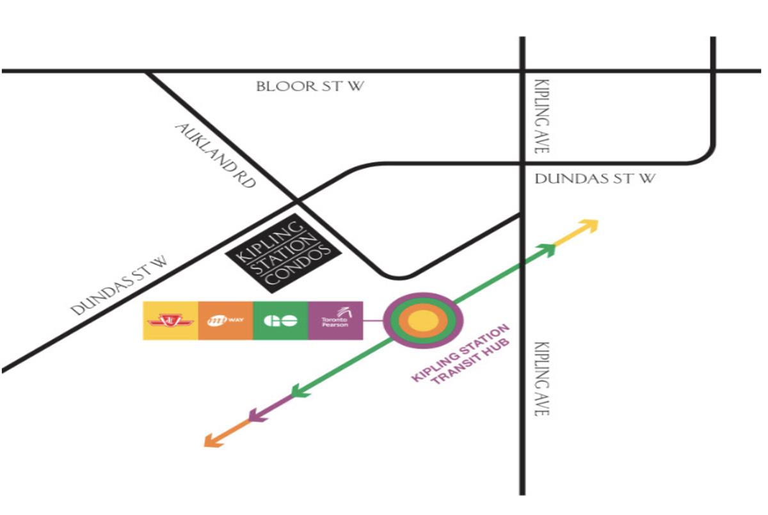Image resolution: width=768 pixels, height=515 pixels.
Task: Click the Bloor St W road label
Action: (310, 86)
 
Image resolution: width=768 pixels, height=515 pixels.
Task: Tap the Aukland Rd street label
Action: (215, 155)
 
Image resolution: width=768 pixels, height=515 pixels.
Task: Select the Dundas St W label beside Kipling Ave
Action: (595, 179)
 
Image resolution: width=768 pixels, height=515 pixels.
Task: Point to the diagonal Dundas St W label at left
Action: (119, 285)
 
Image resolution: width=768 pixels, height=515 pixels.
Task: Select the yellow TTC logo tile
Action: (170, 321)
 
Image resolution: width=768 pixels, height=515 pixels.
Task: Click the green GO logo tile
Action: (280, 321)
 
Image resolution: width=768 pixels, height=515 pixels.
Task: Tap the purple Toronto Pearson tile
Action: (335, 321)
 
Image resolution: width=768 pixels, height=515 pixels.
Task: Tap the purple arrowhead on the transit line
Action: (255, 415)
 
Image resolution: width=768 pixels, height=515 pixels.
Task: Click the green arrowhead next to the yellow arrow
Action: (548, 249)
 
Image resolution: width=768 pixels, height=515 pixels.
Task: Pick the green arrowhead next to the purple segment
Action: (298, 390)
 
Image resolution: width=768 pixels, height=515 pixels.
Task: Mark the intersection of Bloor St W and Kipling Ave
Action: (522, 70)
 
